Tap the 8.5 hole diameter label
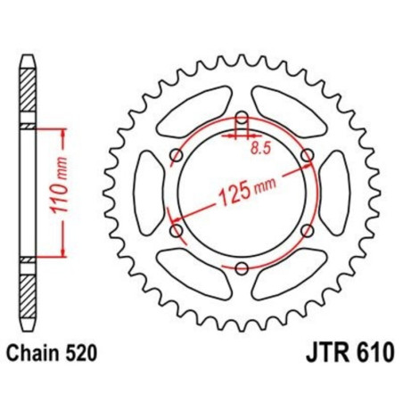pos(261,148)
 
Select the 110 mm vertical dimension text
pos(59,185)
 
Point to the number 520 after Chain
pos(81,354)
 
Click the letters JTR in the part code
pos(327,352)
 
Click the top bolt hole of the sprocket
pos(243,118)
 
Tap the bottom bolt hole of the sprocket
pos(242,268)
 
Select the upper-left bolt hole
pos(177,155)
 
